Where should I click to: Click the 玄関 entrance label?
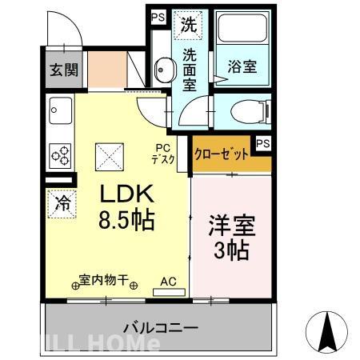(x=63, y=70)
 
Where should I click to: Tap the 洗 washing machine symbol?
(x=189, y=24)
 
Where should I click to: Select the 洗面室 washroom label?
(x=190, y=70)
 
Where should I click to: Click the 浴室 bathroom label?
(x=242, y=67)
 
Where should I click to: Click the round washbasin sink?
(x=162, y=71)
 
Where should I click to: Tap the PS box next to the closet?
(x=262, y=144)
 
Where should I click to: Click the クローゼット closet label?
(x=222, y=154)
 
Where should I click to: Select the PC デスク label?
(x=163, y=153)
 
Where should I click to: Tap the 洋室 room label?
(x=230, y=224)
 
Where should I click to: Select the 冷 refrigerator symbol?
(x=62, y=203)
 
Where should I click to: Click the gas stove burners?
(x=61, y=152)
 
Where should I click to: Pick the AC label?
(x=168, y=282)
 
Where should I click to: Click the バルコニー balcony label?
(x=160, y=327)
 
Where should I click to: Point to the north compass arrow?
(x=328, y=330)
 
